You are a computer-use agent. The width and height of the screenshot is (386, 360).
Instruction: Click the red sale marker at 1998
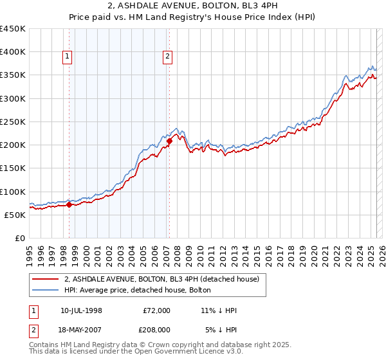tap(69, 205)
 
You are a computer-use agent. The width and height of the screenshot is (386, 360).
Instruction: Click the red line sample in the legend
tap(45, 279)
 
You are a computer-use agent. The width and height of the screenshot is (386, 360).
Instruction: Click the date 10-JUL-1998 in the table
tap(81, 310)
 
